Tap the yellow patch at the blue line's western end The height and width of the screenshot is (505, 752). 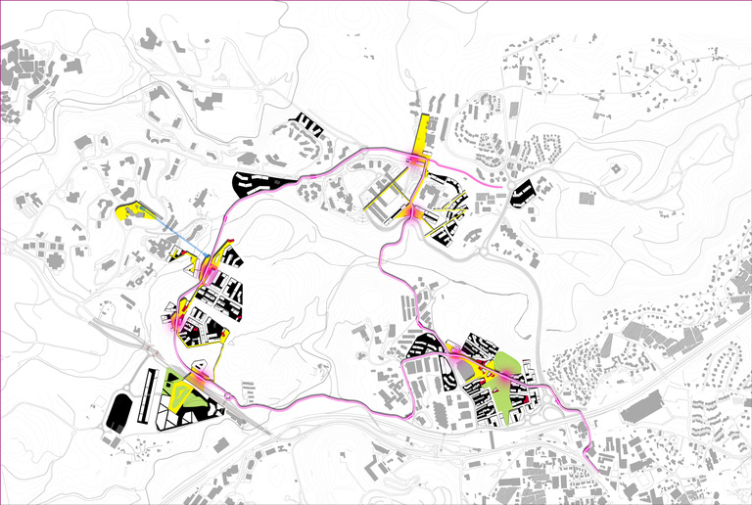point(135,210)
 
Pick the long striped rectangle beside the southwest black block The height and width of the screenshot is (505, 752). point(149,395)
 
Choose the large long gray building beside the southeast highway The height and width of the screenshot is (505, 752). point(645,406)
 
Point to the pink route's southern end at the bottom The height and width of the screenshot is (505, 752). point(589,451)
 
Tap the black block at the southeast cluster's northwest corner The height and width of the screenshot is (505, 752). point(422,345)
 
